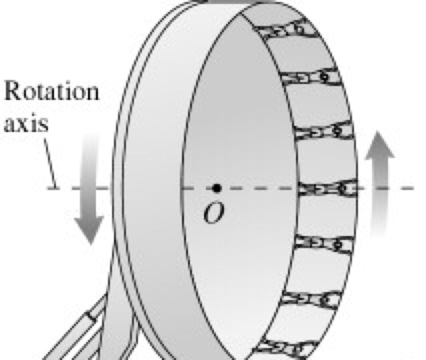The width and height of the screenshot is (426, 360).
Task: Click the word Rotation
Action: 51,91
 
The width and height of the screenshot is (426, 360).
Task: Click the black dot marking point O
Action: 217,188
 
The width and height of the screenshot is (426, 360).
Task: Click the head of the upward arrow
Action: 380,147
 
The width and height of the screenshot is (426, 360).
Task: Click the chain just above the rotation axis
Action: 324,131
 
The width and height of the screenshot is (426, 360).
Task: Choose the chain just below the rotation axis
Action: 324,244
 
